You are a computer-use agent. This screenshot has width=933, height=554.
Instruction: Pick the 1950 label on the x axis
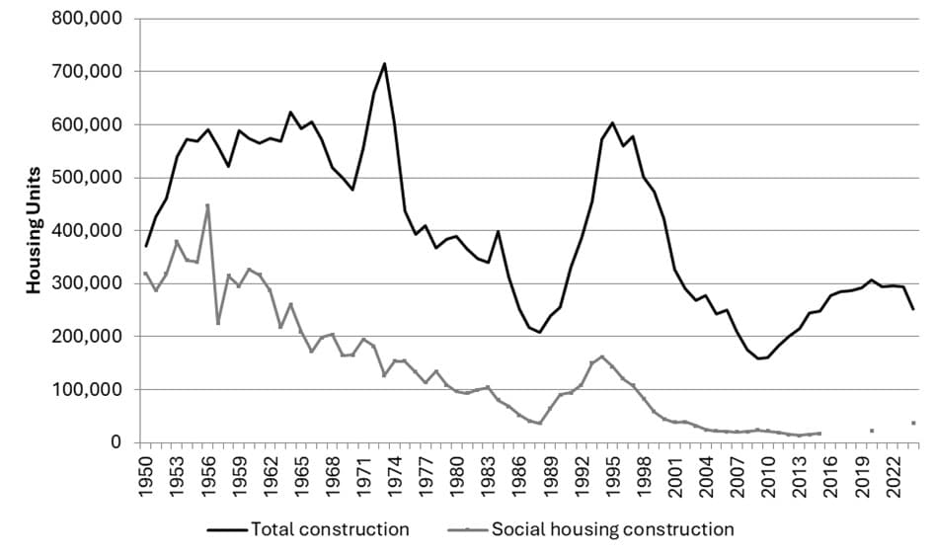[146, 472]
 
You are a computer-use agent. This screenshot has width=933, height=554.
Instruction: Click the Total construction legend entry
[308, 529]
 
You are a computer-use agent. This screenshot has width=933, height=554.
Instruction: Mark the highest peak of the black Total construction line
[385, 64]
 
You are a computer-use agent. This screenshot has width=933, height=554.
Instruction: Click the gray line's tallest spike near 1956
[207, 205]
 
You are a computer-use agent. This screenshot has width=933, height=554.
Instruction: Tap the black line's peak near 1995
[612, 123]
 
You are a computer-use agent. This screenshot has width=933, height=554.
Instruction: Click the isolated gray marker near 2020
[872, 431]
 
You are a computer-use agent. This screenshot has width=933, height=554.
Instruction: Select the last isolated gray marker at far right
[914, 423]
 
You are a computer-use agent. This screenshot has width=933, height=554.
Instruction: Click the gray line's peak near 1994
[601, 356]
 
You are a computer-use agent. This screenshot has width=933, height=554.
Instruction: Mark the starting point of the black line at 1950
[146, 246]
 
